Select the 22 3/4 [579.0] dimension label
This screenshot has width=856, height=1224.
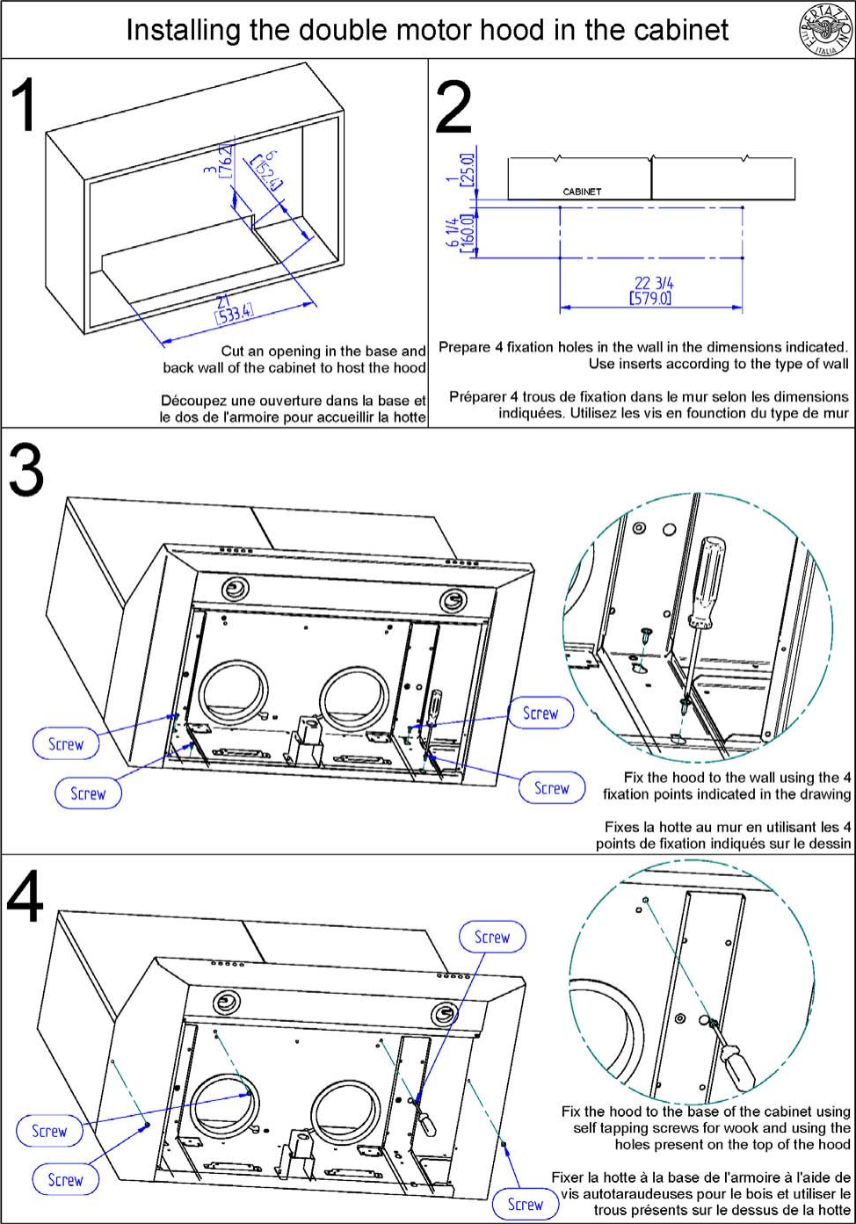click(651, 291)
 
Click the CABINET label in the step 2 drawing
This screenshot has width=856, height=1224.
click(582, 191)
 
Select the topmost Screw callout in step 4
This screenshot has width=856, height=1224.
click(491, 937)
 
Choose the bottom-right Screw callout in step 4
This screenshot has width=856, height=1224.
click(525, 1204)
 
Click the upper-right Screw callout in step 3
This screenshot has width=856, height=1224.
click(540, 713)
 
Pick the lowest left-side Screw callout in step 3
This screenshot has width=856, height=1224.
click(87, 793)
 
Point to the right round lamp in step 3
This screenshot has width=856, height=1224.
click(453, 600)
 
